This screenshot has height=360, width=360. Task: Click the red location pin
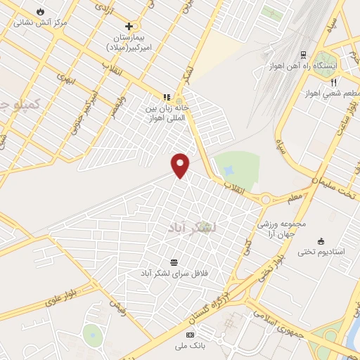[181, 165]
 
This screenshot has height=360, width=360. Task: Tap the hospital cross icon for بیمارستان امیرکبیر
[129, 26]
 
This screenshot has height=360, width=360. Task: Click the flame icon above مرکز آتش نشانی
[41, 12]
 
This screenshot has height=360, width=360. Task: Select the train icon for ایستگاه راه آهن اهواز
[303, 54]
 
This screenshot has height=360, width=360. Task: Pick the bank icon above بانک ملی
[188, 335]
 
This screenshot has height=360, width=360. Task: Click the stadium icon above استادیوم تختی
[321, 240]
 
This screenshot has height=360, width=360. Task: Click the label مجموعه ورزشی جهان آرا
[283, 229]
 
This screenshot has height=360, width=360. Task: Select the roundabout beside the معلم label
[266, 199]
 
